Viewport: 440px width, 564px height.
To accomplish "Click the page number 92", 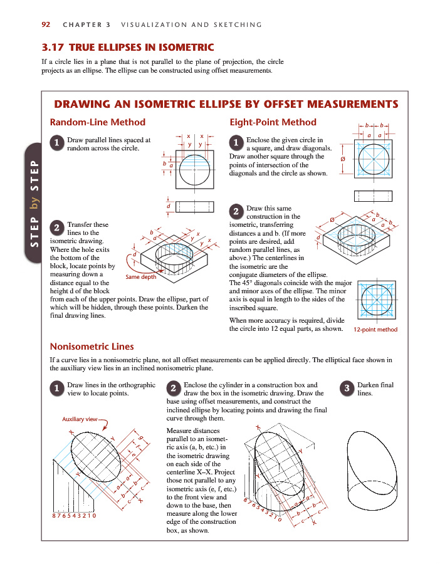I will (x=46, y=24).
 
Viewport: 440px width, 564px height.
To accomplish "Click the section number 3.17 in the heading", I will (x=53, y=47).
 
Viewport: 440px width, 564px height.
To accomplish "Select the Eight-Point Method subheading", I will (x=273, y=122).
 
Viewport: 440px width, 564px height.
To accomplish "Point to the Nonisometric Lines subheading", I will (x=92, y=347).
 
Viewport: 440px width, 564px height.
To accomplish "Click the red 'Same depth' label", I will (x=142, y=277).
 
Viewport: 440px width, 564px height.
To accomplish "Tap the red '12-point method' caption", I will (x=375, y=330).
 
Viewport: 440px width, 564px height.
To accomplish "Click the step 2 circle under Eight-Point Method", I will (x=236, y=211).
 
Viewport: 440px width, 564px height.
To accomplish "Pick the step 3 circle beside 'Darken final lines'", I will (x=345, y=389).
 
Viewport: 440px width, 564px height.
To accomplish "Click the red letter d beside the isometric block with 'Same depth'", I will (x=134, y=254).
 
